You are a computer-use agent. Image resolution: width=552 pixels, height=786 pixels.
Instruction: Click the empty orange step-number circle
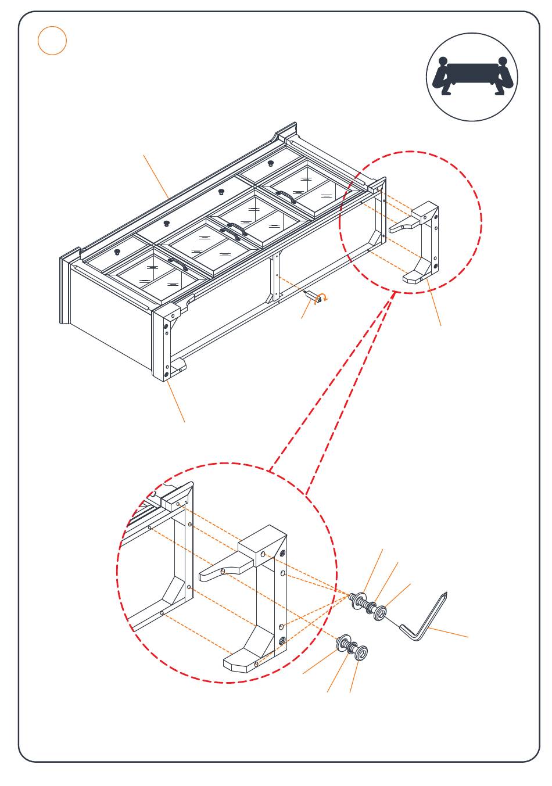click(52, 41)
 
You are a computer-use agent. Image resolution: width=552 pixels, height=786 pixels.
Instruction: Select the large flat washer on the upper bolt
click(358, 600)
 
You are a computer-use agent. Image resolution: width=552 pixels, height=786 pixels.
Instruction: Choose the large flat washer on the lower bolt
click(342, 643)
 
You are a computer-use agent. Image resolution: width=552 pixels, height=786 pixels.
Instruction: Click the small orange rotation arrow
click(323, 299)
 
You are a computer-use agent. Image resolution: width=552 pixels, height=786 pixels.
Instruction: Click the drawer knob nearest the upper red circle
click(271, 163)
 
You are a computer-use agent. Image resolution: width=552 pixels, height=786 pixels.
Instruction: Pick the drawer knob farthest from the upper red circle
click(117, 252)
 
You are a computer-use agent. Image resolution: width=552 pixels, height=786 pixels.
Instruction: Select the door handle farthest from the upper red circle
click(178, 264)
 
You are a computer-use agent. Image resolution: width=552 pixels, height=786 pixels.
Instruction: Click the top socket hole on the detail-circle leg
click(283, 552)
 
